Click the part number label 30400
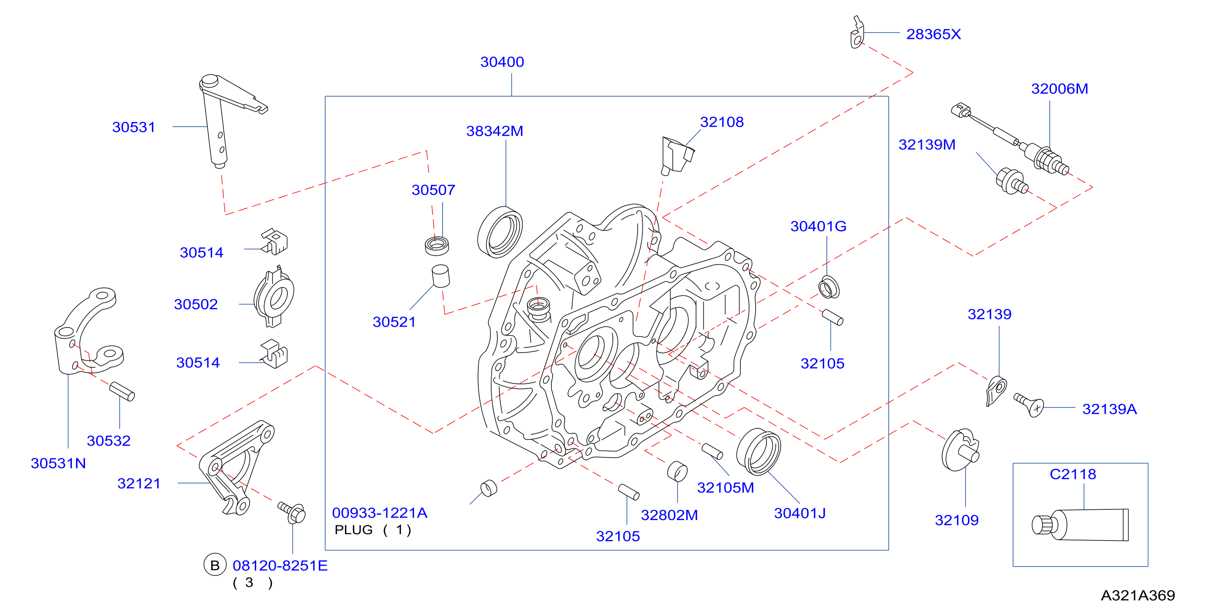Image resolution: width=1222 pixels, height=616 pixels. click(502, 62)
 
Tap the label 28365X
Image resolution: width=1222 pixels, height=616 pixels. click(933, 34)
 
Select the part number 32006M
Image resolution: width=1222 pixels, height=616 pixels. click(1059, 89)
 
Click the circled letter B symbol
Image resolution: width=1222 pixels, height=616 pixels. click(215, 565)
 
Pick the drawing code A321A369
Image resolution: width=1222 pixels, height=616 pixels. click(1138, 595)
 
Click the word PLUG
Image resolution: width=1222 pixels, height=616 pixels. click(353, 530)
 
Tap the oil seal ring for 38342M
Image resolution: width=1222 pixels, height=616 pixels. click(500, 232)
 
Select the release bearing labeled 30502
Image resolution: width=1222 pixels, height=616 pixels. click(274, 297)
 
